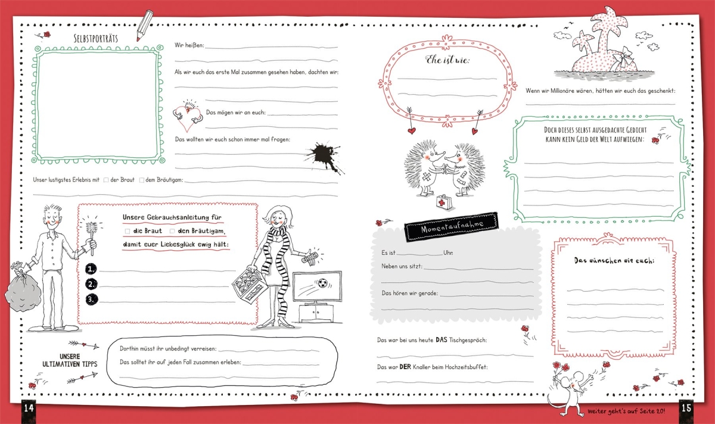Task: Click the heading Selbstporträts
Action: (x=96, y=39)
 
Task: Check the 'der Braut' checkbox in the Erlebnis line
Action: (x=106, y=180)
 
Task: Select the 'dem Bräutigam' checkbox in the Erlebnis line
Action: (x=142, y=180)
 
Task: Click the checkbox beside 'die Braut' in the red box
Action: (x=128, y=231)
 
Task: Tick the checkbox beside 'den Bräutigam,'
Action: (x=172, y=231)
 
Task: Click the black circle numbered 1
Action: (x=91, y=269)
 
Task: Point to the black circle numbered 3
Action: (x=92, y=300)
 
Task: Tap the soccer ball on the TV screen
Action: (x=322, y=283)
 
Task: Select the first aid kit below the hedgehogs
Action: (x=444, y=202)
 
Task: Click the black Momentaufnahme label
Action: (x=451, y=226)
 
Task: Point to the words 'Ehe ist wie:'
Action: (x=447, y=60)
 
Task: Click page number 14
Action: (x=29, y=409)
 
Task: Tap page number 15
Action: (x=686, y=408)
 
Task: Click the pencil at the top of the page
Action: (x=145, y=26)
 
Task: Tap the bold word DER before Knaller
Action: (x=405, y=367)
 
